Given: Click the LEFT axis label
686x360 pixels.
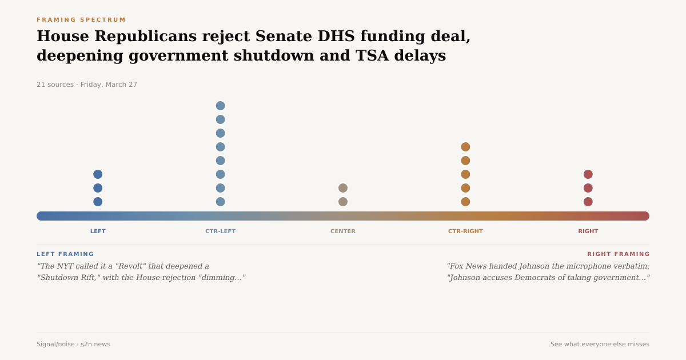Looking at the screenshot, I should (98, 231).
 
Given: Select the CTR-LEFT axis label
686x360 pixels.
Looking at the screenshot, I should (220, 231).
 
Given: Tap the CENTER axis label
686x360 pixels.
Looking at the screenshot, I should (343, 231).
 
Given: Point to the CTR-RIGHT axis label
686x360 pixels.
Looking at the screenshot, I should (465, 231).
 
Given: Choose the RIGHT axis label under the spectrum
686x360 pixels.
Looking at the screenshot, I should (588, 231).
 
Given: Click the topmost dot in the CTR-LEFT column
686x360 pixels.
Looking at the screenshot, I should (220, 106).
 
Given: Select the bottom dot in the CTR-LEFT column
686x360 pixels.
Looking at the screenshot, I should (220, 202).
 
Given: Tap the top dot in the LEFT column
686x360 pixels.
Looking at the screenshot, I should (98, 174).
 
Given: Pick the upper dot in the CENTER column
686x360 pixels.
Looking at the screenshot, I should (343, 188).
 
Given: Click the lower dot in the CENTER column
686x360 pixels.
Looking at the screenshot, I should (343, 202).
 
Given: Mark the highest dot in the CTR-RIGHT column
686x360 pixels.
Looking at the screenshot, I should (465, 147).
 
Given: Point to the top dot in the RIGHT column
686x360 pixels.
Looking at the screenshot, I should (588, 174).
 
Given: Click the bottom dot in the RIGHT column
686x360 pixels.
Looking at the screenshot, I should (588, 202).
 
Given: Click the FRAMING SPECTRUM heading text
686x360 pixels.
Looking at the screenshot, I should (81, 20).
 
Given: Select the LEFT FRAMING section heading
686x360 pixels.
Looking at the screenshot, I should (65, 254).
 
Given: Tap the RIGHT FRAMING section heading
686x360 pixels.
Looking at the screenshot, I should (618, 254).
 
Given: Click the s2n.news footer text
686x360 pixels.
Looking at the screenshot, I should (96, 345).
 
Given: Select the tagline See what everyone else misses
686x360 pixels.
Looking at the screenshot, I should (600, 345).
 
